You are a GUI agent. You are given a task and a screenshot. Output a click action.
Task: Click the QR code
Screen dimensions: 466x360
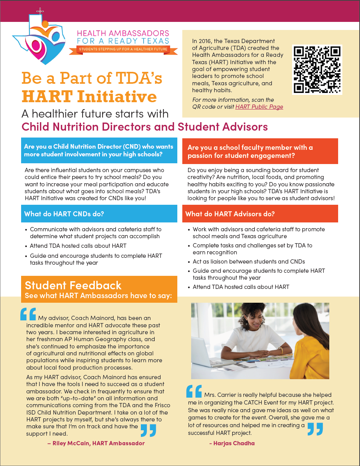click(317, 70)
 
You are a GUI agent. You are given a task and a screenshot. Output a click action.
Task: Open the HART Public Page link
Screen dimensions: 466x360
click(259, 107)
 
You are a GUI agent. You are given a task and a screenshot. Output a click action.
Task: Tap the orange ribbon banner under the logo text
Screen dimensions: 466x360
click(123, 50)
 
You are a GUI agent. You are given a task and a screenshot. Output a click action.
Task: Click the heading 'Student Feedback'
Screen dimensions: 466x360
click(73, 285)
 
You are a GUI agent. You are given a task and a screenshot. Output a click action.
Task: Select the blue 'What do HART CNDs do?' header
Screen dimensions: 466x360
click(64, 214)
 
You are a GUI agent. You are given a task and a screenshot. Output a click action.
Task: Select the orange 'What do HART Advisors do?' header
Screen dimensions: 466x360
click(230, 214)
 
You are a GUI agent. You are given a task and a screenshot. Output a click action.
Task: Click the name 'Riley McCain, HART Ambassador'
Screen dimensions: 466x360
click(96, 443)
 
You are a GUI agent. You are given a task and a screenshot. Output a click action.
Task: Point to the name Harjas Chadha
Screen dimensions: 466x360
click(232, 443)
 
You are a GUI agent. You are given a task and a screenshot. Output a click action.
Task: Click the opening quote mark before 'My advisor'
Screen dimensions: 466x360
click(28, 314)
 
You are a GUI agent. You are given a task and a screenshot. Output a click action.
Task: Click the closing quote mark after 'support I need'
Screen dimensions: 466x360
click(148, 430)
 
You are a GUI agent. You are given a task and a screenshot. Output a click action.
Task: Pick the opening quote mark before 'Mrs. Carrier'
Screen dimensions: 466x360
click(194, 391)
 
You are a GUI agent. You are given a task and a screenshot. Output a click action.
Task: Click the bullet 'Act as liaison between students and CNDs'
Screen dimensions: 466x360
click(249, 262)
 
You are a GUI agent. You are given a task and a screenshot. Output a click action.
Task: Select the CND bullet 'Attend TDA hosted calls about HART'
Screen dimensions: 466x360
click(78, 246)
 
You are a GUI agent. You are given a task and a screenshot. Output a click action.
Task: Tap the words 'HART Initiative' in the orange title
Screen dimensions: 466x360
click(89, 96)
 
